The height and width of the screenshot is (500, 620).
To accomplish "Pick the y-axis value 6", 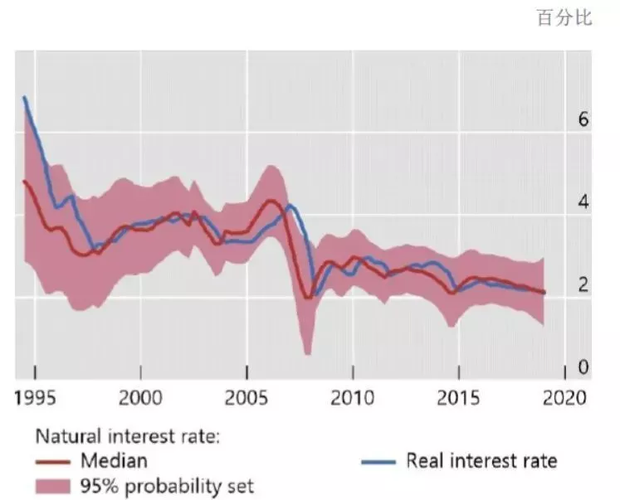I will tap(583, 120).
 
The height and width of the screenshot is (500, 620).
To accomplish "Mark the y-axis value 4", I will tap(583, 202).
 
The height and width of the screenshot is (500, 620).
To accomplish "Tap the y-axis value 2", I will tap(583, 284).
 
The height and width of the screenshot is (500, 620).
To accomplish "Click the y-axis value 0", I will tap(583, 367).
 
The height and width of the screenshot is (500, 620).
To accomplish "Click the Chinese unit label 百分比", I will tap(564, 18).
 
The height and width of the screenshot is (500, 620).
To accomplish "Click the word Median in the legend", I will tap(115, 460).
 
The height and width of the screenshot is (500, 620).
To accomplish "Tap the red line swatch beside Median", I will tap(52, 461).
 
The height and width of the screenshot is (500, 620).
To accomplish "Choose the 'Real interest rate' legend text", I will tap(481, 460).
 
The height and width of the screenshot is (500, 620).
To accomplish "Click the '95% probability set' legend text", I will tap(167, 485).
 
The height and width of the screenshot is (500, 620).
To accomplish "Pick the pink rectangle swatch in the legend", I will tap(52, 485).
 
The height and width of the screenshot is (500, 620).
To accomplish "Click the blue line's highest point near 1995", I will tap(25, 98).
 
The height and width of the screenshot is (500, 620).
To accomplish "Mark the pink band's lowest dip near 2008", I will tap(308, 353).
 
